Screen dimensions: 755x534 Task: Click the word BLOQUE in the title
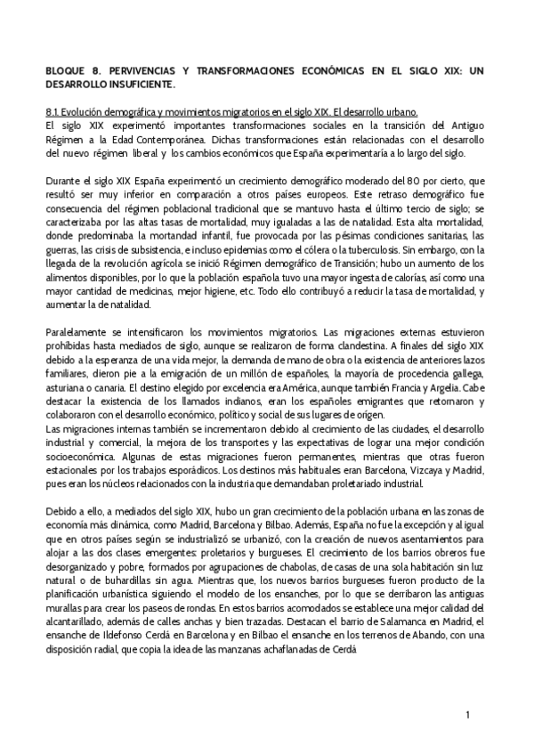(x=65, y=69)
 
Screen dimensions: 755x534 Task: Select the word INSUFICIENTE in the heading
(x=138, y=84)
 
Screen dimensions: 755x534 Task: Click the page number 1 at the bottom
(x=468, y=715)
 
